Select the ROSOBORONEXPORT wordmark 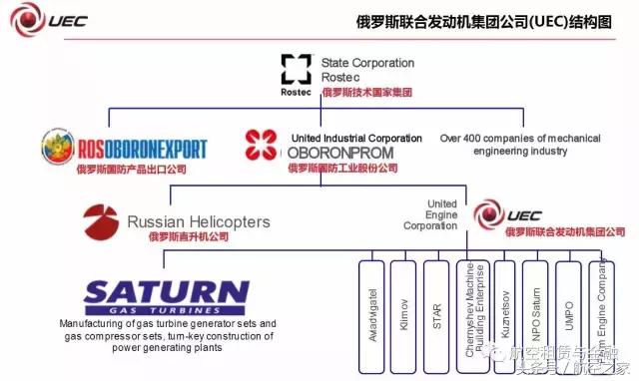pos(142,150)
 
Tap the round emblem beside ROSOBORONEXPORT pos(58,148)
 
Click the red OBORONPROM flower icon pos(263,146)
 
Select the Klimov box pos(402,314)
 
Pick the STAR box pos(436,314)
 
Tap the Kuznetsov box pos(502,314)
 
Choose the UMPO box pos(567,314)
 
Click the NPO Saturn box pos(535,314)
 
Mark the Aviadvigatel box pos(370,314)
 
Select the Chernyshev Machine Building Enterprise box pos(469,314)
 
